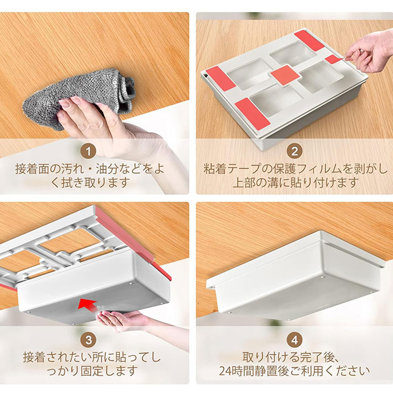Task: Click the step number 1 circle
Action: click(89, 151)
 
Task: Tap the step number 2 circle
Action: click(294, 151)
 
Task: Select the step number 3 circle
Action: click(89, 341)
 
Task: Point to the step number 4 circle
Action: click(294, 341)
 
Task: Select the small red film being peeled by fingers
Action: click(335, 59)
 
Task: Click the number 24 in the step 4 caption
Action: click(225, 371)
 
